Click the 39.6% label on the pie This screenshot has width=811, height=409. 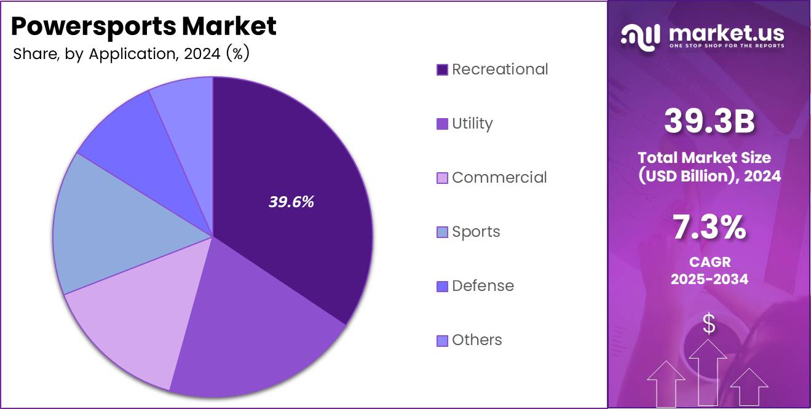point(291,202)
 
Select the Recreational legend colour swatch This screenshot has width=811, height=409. point(442,69)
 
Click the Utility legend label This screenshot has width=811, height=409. point(472,124)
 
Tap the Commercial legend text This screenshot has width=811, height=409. point(499,178)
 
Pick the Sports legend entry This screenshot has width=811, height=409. point(476,232)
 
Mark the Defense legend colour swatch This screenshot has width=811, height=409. point(442,286)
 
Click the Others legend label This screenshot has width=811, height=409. point(477,340)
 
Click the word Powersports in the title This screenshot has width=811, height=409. point(92,26)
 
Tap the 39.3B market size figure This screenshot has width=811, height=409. point(709,121)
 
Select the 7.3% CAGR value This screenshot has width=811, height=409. point(709,228)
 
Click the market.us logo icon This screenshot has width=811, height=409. point(641,36)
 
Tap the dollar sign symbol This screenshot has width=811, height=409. point(709,324)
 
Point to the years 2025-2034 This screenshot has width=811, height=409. point(709,279)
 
